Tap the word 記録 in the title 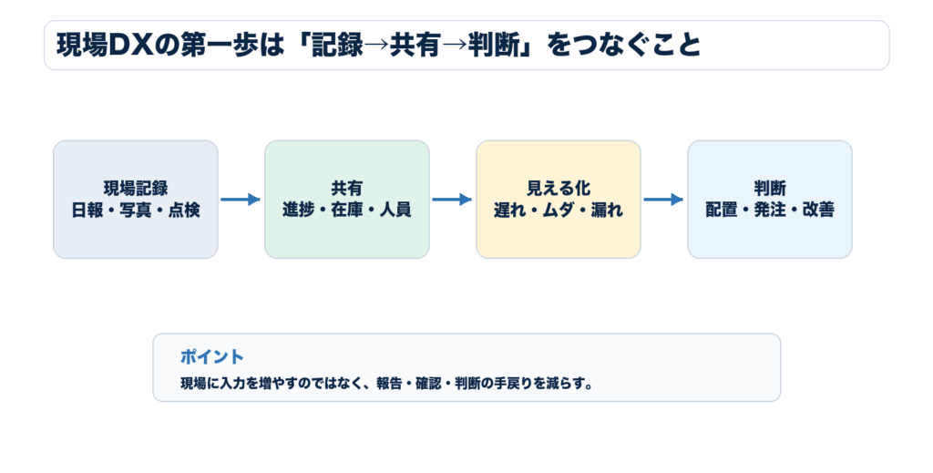tap(337, 46)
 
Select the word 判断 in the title tap(493, 46)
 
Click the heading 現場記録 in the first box tap(136, 189)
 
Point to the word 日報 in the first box tap(87, 210)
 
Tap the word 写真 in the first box tap(136, 210)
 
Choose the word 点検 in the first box tap(184, 210)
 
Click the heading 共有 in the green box tap(346, 189)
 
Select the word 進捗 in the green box tap(298, 210)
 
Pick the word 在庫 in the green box tap(346, 210)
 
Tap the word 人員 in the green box tap(395, 210)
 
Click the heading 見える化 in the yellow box tap(559, 189)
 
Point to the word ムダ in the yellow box tap(559, 210)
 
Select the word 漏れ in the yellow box tap(607, 210)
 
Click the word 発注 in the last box tap(770, 210)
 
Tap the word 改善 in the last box tap(818, 210)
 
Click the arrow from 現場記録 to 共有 tap(241, 200)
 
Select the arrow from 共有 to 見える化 tap(452, 200)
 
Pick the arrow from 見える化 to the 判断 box tap(663, 200)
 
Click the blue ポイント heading tap(212, 357)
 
